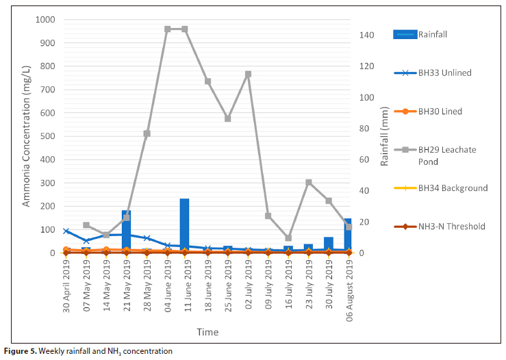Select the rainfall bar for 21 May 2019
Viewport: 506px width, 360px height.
[126, 231]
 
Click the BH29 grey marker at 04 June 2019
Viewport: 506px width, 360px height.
[167, 29]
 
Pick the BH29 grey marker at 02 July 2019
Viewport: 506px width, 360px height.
[248, 74]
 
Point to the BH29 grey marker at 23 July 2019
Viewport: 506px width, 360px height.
[309, 183]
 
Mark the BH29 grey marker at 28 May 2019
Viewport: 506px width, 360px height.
[147, 133]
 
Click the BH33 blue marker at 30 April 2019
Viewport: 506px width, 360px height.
[66, 231]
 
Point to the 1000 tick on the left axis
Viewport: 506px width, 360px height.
[46, 20]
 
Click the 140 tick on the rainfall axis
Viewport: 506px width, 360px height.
[367, 35]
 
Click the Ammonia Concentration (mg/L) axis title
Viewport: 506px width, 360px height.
[27, 137]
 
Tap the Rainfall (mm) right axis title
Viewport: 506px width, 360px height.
[385, 137]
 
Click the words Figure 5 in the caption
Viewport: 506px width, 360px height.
[19, 351]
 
